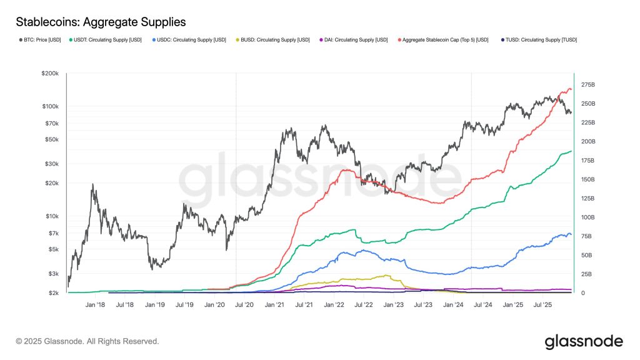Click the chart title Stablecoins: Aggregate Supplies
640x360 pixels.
(x=101, y=22)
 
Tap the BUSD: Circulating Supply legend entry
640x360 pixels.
(x=275, y=40)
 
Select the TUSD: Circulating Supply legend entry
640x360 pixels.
(x=541, y=40)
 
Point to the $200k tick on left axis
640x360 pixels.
(x=50, y=73)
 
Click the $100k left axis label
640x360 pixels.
(x=50, y=106)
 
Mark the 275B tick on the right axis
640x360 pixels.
(x=589, y=84)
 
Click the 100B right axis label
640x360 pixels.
(x=589, y=217)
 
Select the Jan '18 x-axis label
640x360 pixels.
(x=96, y=305)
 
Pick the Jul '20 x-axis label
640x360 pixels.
(x=244, y=305)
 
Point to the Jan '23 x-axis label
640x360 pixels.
(x=394, y=305)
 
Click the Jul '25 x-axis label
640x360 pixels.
(x=542, y=305)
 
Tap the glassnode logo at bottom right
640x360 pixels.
(x=584, y=341)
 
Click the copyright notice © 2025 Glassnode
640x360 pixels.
(x=87, y=341)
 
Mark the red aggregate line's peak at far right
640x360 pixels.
(x=569, y=89)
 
